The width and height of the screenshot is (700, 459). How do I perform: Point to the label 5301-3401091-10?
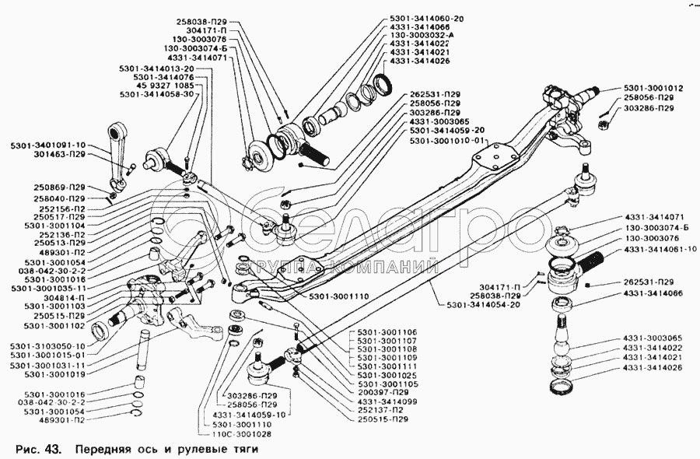[x=48, y=145]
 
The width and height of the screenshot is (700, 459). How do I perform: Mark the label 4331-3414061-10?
[x=660, y=250]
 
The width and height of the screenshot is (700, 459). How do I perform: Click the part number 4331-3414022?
[x=652, y=347]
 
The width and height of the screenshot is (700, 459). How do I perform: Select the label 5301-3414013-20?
[x=156, y=68]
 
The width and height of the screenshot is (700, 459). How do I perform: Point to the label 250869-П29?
[x=59, y=187]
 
